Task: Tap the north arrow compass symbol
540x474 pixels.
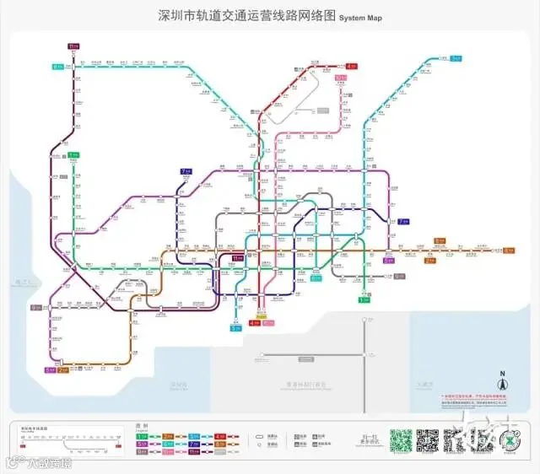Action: point(501,384)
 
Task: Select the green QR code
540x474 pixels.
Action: point(401,440)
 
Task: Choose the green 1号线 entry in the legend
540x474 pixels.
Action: point(142,436)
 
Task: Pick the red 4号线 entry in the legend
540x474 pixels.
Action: point(220,436)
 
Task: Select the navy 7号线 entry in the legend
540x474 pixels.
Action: point(194,444)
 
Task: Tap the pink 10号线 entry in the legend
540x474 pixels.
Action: point(168,451)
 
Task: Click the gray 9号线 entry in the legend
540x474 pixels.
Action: point(142,451)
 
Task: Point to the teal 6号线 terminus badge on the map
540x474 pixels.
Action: point(57,66)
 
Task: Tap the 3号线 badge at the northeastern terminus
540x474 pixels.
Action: point(456,58)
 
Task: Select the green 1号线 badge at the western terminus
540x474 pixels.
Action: point(73,155)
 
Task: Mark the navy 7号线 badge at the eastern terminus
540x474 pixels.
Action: point(403,222)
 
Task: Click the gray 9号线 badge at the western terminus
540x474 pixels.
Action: point(36,308)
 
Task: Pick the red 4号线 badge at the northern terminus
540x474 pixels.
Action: point(351,65)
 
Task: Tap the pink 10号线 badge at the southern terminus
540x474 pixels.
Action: point(267,323)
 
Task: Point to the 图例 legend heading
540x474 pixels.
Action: point(140,426)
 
